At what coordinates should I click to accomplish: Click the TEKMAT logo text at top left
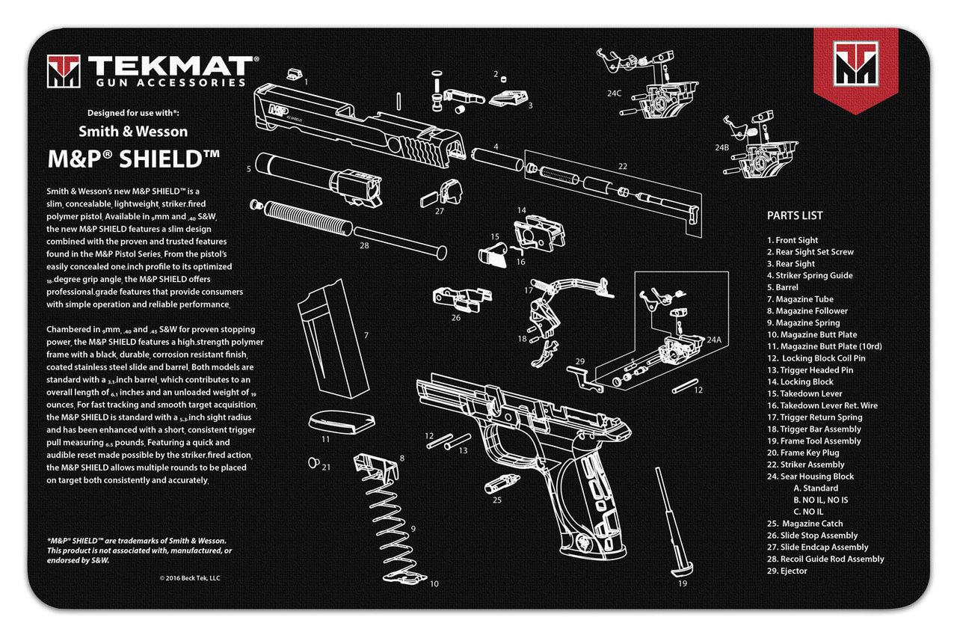pos(172,64)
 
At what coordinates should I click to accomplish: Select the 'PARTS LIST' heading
pos(794,215)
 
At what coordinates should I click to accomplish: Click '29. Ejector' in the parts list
pos(787,571)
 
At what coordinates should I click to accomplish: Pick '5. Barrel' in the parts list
pos(783,287)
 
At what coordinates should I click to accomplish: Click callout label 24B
pos(720,147)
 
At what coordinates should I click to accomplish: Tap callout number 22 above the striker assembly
pos(622,166)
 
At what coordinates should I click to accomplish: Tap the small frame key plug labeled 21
pos(314,461)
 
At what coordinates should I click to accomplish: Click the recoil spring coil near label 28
pos(307,217)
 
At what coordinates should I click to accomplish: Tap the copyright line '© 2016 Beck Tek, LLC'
pos(190,577)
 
